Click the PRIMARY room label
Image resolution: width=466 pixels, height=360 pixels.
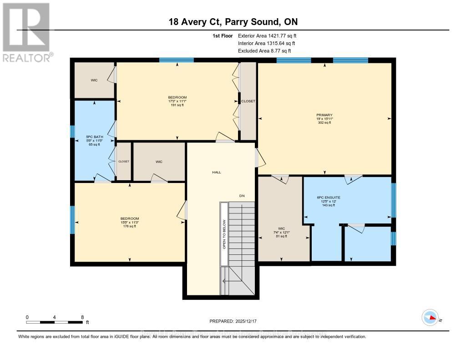pyautogui.click(x=324, y=115)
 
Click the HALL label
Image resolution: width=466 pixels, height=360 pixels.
pyautogui.click(x=216, y=172)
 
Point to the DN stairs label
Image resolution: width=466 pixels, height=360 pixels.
pyautogui.click(x=243, y=196)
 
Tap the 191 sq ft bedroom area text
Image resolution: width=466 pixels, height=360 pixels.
pyautogui.click(x=177, y=105)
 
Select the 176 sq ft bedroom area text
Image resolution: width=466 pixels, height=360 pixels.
pyautogui.click(x=130, y=226)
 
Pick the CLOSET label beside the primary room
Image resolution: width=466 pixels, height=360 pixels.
pyautogui.click(x=248, y=101)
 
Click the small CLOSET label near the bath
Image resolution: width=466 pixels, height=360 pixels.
pyautogui.click(x=124, y=162)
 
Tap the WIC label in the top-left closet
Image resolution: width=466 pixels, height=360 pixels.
pyautogui.click(x=94, y=80)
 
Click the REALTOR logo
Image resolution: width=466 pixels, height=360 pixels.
pyautogui.click(x=26, y=32)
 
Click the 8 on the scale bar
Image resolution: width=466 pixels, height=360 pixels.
pyautogui.click(x=82, y=317)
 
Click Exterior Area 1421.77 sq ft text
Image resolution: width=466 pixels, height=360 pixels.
pyautogui.click(x=267, y=35)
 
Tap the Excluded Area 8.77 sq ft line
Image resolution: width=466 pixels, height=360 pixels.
pyautogui.click(x=264, y=51)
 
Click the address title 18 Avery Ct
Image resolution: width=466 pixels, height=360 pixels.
pyautogui.click(x=233, y=22)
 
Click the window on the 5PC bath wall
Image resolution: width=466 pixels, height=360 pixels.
pyautogui.click(x=72, y=132)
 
